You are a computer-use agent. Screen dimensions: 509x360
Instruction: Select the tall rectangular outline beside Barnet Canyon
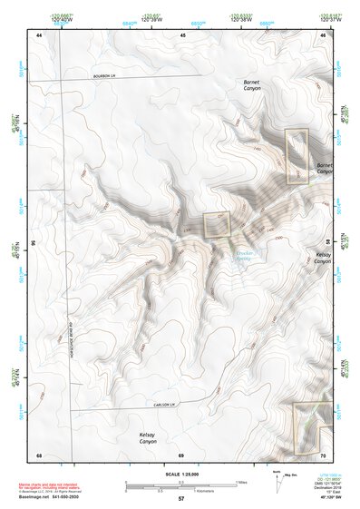297,157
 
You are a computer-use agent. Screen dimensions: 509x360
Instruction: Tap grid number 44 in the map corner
39,34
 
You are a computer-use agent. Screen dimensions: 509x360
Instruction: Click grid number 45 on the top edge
182,34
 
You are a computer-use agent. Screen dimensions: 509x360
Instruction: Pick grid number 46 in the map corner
323,34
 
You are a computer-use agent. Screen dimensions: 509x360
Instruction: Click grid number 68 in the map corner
39,454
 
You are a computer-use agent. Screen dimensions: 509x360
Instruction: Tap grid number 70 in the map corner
323,454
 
